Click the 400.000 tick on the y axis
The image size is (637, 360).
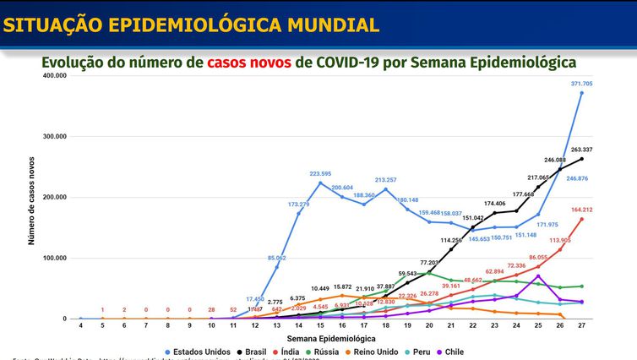pos(53,76)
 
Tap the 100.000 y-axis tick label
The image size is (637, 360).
pos(53,259)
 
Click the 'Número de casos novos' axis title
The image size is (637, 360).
pos(32,199)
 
